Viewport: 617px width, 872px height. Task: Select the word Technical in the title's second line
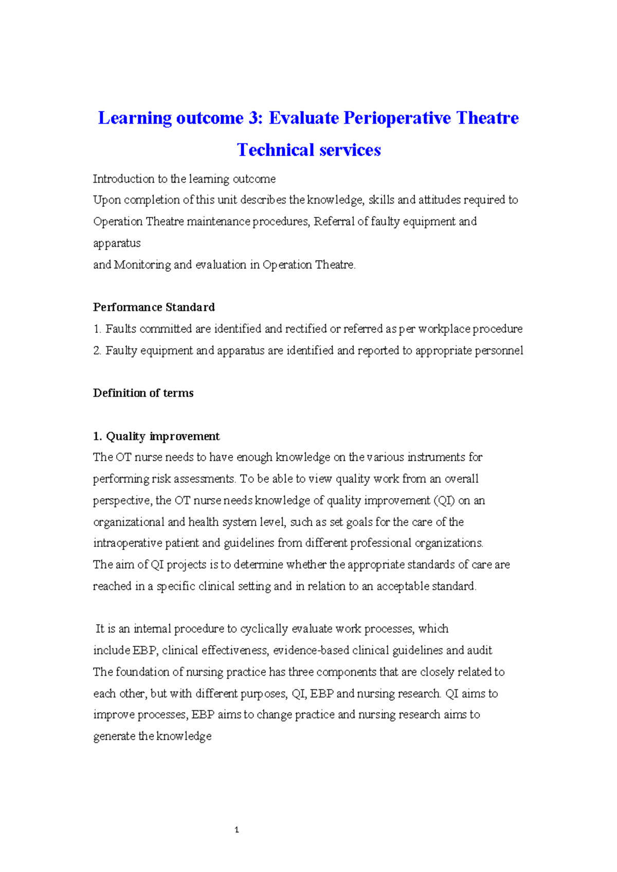tap(275, 150)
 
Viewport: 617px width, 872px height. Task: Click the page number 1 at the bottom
tap(237, 829)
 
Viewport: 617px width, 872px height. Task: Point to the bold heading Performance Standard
tap(154, 307)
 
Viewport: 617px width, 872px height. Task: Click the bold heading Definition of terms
tap(143, 393)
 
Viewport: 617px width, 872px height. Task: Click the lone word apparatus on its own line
tap(117, 243)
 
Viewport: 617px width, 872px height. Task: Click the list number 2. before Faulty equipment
tap(98, 351)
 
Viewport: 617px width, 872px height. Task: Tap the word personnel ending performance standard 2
tap(499, 351)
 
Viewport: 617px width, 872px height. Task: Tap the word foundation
tap(142, 672)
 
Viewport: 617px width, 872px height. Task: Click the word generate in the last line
tap(114, 736)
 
